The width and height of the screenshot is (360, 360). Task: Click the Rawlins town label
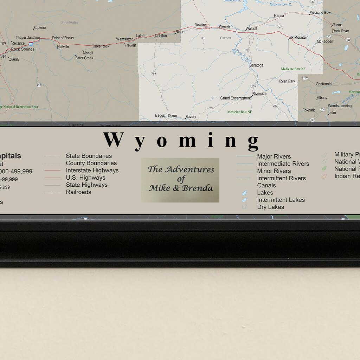[201, 25]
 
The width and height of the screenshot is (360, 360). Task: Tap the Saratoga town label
[256, 65]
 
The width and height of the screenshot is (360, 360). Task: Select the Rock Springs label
[23, 49]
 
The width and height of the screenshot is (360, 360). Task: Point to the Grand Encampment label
[236, 98]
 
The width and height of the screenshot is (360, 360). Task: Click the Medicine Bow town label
[320, 13]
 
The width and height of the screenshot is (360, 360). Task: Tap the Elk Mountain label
[298, 37]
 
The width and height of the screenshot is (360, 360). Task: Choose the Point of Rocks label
[63, 38]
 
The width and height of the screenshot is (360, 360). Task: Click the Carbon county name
[225, 38]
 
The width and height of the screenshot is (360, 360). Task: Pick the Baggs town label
[160, 115]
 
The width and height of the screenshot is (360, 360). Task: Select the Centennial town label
[324, 84]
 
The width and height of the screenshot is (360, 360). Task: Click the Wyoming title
[181, 140]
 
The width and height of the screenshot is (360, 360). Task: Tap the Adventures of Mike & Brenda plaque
[180, 180]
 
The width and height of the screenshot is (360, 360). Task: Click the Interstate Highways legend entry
[92, 171]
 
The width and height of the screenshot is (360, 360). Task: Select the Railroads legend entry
[78, 192]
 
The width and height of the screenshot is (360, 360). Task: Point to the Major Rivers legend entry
[274, 156]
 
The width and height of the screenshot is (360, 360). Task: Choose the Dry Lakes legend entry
[270, 207]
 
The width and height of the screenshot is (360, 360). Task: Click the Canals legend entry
[266, 185]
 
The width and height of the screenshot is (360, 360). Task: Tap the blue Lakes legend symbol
[245, 193]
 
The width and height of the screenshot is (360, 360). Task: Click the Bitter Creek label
[84, 58]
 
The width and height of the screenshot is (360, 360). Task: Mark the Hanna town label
[279, 16]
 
